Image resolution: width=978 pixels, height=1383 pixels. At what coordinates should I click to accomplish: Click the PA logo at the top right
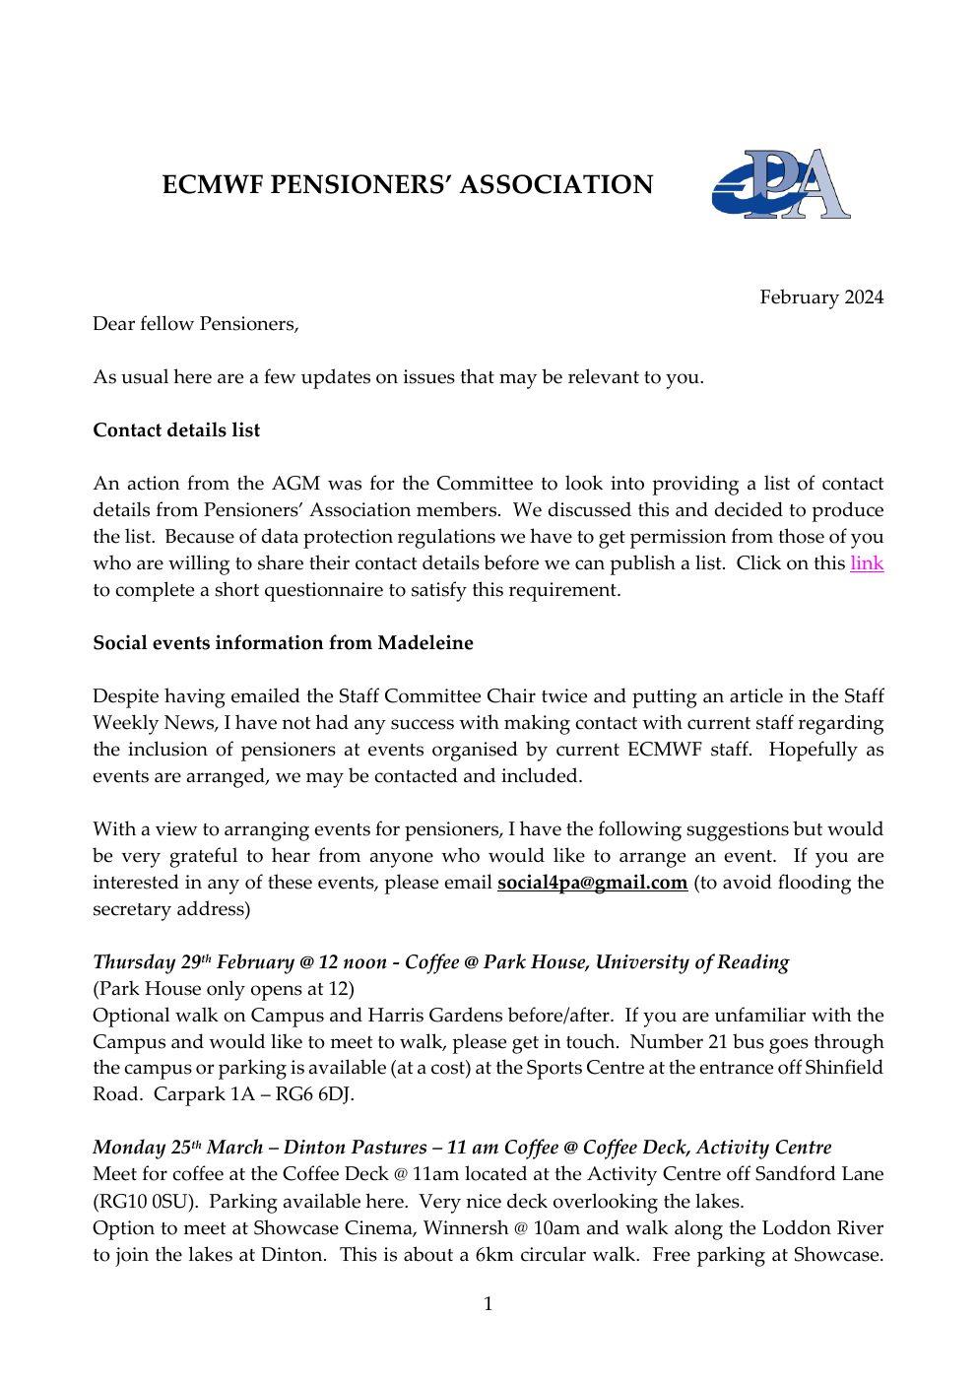(x=781, y=184)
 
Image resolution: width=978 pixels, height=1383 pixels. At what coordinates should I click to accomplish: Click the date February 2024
(x=820, y=297)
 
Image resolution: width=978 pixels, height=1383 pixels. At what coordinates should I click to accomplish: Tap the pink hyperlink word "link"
(x=867, y=563)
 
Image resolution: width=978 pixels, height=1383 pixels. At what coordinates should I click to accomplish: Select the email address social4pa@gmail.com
(x=592, y=883)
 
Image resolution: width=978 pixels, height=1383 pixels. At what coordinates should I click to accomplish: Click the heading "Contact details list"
(x=176, y=430)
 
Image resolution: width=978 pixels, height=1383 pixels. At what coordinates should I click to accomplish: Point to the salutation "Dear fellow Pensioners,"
(x=195, y=324)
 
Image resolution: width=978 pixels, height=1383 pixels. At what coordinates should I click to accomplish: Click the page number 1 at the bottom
(x=488, y=1305)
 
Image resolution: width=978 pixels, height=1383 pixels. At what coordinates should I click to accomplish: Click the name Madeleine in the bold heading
(x=424, y=643)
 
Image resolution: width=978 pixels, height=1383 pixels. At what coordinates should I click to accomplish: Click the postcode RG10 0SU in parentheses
(x=149, y=1202)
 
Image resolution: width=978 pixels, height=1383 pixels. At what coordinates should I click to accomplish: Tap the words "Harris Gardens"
(x=428, y=1016)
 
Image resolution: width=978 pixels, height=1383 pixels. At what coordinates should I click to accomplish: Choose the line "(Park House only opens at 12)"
(x=224, y=989)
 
